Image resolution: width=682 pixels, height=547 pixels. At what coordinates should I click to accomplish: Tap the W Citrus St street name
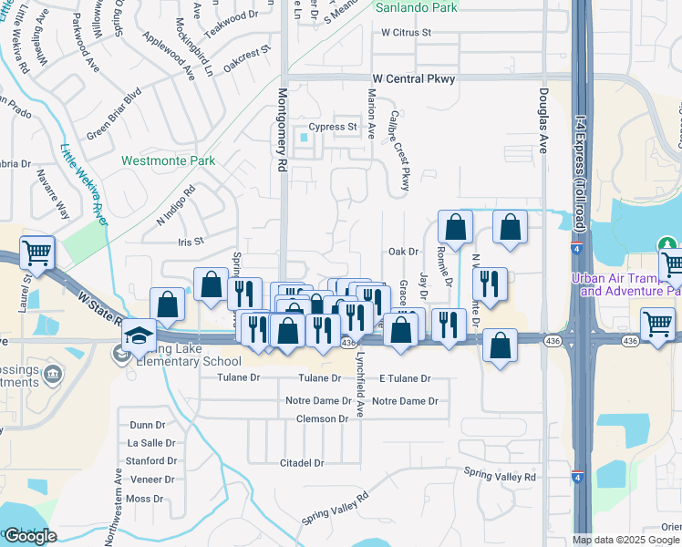406,33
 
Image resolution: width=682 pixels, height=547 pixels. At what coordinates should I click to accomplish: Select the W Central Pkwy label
411,79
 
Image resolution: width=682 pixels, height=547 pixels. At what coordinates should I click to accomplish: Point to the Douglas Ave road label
542,119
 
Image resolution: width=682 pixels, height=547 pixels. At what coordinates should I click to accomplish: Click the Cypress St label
332,127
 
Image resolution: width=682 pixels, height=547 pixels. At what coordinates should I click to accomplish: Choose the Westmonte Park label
169,160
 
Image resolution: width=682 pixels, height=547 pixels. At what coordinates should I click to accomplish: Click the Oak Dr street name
402,251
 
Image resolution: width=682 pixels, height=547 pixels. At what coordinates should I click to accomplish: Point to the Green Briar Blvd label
115,114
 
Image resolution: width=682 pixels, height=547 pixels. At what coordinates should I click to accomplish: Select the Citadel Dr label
302,463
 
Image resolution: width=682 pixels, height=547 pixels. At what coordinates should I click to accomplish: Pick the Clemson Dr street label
322,419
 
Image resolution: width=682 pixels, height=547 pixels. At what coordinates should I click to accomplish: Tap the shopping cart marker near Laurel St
36,251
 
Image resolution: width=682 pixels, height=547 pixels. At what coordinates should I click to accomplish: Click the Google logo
30,537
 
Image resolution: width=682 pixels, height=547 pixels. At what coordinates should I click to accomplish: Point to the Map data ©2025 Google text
625,540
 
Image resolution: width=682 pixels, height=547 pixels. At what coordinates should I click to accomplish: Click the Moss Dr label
144,499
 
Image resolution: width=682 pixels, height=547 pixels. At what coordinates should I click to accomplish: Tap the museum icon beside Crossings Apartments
54,375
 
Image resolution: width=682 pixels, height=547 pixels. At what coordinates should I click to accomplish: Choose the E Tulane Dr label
404,378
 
